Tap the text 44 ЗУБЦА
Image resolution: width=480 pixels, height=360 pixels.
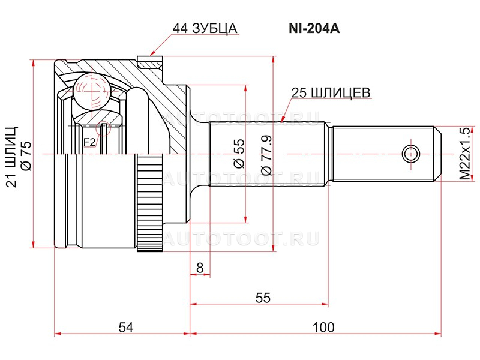(205, 28)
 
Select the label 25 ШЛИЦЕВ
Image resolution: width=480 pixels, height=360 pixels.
(330, 92)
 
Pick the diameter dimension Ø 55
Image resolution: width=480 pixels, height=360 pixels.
(238, 153)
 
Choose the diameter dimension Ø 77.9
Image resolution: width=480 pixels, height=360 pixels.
(267, 154)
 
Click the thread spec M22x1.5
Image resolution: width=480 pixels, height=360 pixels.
(462, 154)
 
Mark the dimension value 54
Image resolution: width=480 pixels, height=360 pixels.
(124, 327)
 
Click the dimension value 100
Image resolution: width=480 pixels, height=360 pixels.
(323, 327)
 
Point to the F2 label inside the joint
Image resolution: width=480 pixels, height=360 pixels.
(89, 142)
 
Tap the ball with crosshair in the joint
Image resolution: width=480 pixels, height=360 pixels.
(88, 91)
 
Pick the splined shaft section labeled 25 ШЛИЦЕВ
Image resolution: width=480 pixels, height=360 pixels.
(269, 153)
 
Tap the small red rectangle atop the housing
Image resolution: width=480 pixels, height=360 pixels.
(149, 61)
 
